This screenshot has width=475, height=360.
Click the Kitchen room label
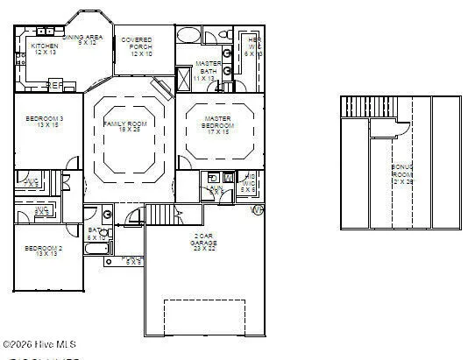(45, 49)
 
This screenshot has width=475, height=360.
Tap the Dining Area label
(88, 39)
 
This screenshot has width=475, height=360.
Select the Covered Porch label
(137, 46)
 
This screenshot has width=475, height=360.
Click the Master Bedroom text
(217, 123)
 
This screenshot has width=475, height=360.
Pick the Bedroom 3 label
(43, 122)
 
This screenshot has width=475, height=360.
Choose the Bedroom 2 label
(42, 252)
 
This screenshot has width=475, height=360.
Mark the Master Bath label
(208, 70)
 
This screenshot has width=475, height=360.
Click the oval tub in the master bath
(188, 35)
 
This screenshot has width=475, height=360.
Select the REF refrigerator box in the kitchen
(54, 86)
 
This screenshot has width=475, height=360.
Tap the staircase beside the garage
(160, 213)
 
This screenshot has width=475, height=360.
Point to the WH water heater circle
(257, 210)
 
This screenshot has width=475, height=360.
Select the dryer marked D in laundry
(213, 178)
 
